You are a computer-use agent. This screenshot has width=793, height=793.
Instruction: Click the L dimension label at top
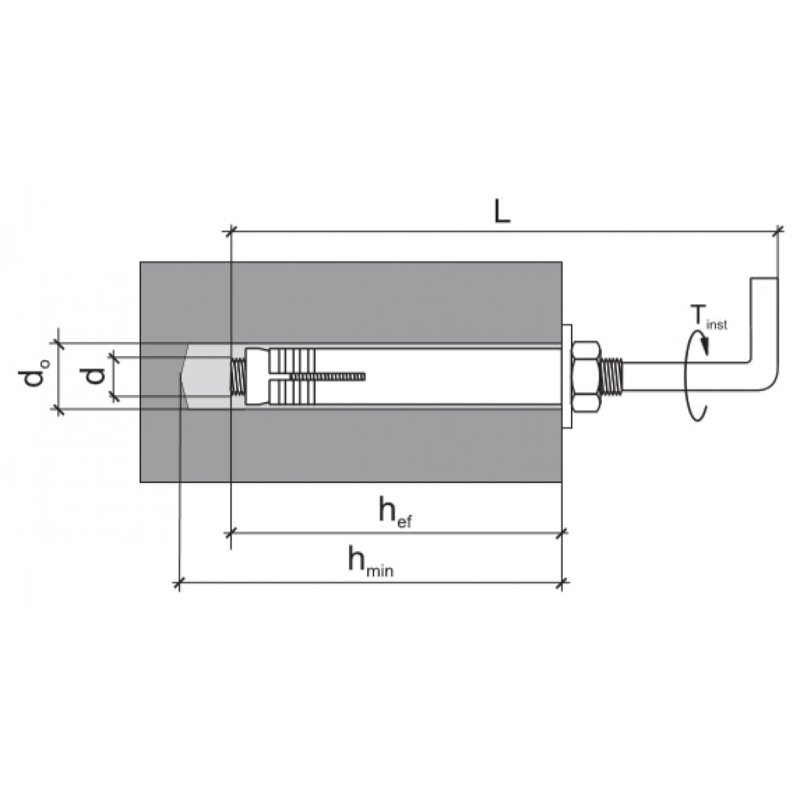pos(502,212)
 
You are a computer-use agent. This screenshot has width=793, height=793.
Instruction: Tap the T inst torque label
pos(708,317)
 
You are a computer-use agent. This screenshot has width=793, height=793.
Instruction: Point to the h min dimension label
pos(370,562)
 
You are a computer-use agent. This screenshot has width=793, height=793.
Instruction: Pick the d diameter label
pos(94,375)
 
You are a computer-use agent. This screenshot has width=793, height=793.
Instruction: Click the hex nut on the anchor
pos(586,376)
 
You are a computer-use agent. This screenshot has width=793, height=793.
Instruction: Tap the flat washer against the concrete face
pos(567,376)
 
